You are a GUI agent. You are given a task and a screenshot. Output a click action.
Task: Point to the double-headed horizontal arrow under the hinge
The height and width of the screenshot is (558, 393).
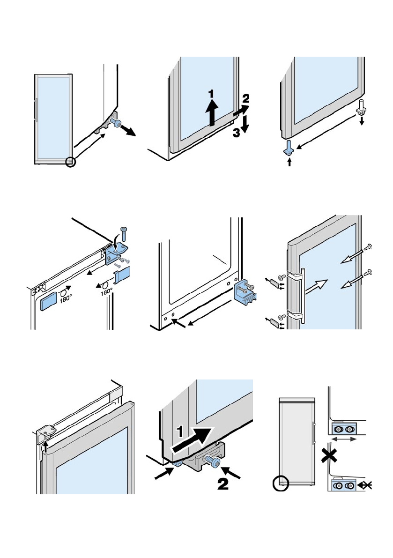click(x=344, y=439)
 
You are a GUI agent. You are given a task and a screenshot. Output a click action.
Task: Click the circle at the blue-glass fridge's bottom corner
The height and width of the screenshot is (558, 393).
click(x=71, y=162)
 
